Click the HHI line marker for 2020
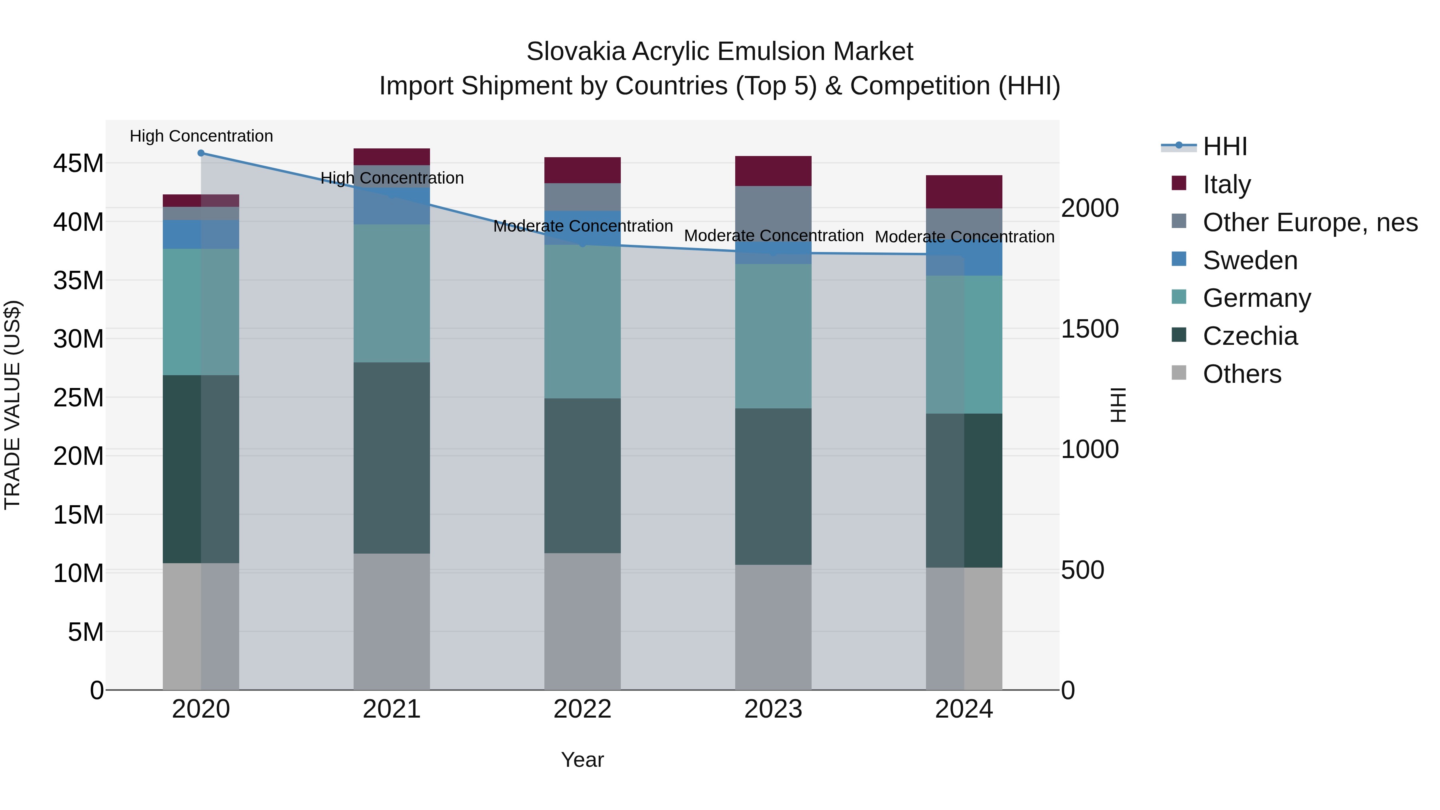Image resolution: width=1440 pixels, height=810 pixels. (201, 153)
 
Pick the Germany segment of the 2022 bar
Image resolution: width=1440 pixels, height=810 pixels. (582, 322)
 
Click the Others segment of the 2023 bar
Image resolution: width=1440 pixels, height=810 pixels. (773, 627)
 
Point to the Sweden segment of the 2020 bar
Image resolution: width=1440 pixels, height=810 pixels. (201, 234)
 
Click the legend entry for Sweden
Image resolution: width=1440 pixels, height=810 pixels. (1250, 260)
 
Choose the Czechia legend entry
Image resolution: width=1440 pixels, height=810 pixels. (1250, 336)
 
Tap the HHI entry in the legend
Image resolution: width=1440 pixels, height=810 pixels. (1224, 146)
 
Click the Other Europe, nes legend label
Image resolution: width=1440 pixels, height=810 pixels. (1310, 222)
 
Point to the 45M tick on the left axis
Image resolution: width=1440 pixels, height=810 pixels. (78, 164)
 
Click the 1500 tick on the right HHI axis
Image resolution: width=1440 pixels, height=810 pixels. (1090, 329)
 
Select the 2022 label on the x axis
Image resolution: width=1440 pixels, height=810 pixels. (582, 709)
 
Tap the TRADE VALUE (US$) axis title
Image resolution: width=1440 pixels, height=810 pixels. (12, 405)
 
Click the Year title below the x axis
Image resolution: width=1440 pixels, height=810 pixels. (582, 760)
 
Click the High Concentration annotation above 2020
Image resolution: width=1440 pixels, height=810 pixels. (201, 136)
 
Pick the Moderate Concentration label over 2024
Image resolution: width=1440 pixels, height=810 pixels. (964, 237)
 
